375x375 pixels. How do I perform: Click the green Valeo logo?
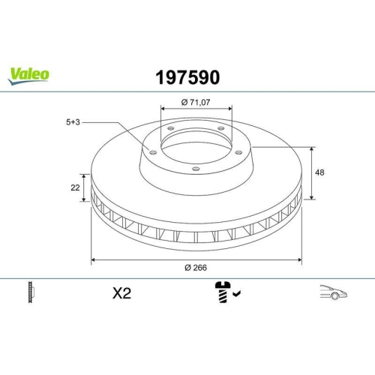point(29,73)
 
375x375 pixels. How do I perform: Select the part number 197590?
point(187,76)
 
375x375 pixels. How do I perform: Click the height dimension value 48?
point(320,172)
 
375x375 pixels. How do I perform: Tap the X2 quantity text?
point(120,294)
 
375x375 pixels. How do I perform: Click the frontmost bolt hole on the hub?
point(196,169)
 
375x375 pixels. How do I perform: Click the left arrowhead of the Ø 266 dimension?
point(94,259)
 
